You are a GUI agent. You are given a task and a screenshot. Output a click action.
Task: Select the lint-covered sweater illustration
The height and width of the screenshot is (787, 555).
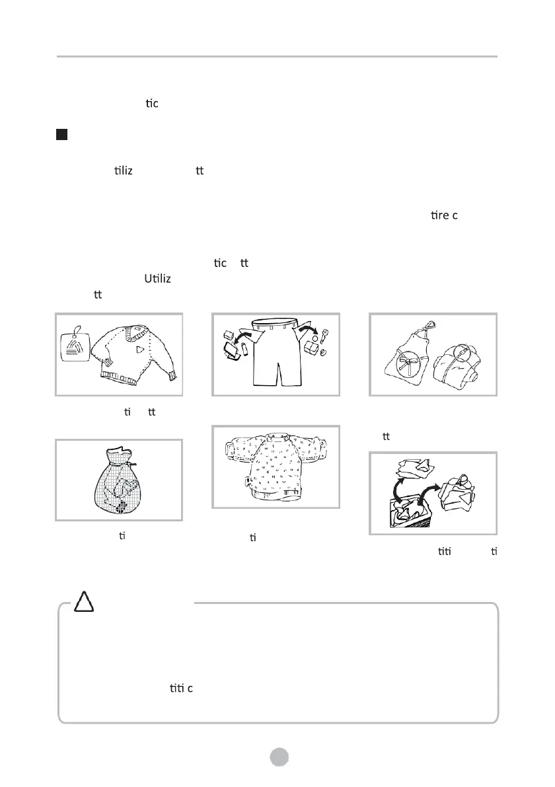(275, 465)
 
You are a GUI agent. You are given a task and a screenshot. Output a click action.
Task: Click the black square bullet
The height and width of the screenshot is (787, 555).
(61, 135)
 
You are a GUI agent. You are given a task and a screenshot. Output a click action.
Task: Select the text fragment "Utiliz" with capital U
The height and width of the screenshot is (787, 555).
(157, 279)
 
